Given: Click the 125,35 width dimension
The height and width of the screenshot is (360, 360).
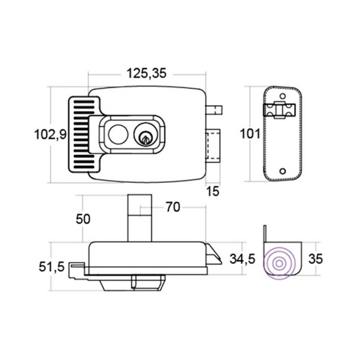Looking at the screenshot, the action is click(x=146, y=74).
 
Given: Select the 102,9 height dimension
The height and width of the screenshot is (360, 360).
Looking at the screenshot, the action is click(x=50, y=135).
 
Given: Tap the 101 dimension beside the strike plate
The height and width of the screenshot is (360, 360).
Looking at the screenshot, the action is click(x=250, y=133).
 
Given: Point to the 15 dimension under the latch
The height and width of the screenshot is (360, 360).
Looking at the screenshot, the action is click(x=213, y=191).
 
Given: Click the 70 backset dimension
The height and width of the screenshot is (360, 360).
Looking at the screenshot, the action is click(x=173, y=207).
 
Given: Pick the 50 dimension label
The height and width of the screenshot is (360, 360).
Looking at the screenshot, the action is click(x=83, y=219).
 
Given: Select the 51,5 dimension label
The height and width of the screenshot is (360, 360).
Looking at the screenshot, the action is click(x=52, y=266).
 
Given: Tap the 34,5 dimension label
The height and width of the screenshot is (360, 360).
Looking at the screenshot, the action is click(x=243, y=259).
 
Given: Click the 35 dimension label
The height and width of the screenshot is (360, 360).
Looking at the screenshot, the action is click(x=316, y=259).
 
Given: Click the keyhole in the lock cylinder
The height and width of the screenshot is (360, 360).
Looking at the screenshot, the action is click(x=145, y=140).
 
